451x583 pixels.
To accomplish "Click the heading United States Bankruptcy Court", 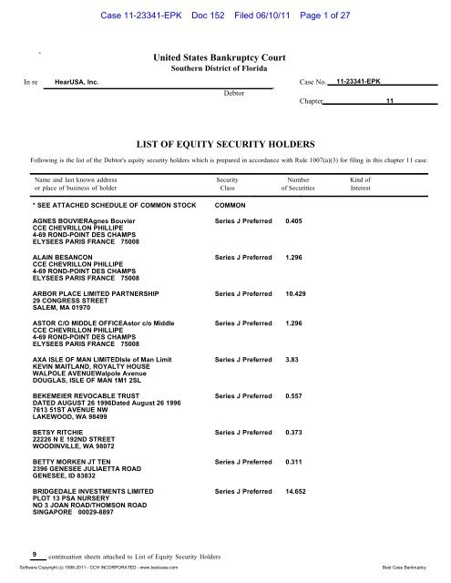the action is pos(222,58).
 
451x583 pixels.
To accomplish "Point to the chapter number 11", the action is pos(389,102).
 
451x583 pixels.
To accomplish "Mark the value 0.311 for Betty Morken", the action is pos(293,462).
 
